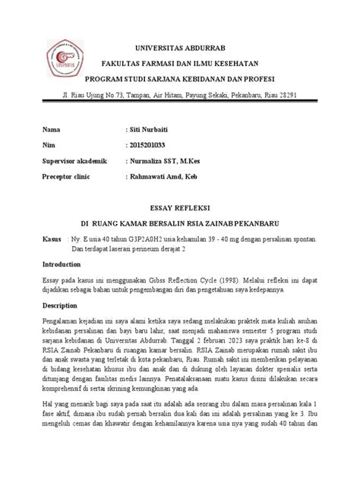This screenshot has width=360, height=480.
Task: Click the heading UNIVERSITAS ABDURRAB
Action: pyautogui.click(x=180, y=46)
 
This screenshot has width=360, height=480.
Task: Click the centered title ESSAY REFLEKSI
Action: pyautogui.click(x=180, y=207)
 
